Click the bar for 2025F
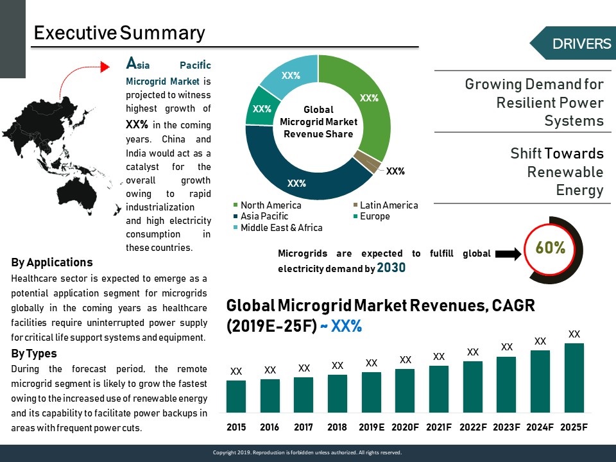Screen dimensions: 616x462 tap(574, 378)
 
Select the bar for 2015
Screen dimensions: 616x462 tap(236, 397)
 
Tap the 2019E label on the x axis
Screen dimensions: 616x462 tap(372, 427)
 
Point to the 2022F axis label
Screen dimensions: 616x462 tap(473, 427)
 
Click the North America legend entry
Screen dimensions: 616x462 tap(267, 205)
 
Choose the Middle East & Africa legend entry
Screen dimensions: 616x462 tap(278, 227)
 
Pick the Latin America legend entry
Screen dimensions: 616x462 tap(386, 205)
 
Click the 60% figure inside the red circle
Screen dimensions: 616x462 tap(551, 248)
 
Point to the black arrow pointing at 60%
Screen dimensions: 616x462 tap(508, 254)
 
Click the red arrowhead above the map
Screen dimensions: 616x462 tap(105, 67)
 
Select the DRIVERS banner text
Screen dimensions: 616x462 tap(582, 44)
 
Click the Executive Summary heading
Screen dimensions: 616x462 tap(119, 33)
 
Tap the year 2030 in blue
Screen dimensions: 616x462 tap(391, 268)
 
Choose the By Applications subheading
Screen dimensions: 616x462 tap(52, 262)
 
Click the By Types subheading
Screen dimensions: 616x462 tap(34, 354)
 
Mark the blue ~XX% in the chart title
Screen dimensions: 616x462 tap(341, 326)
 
